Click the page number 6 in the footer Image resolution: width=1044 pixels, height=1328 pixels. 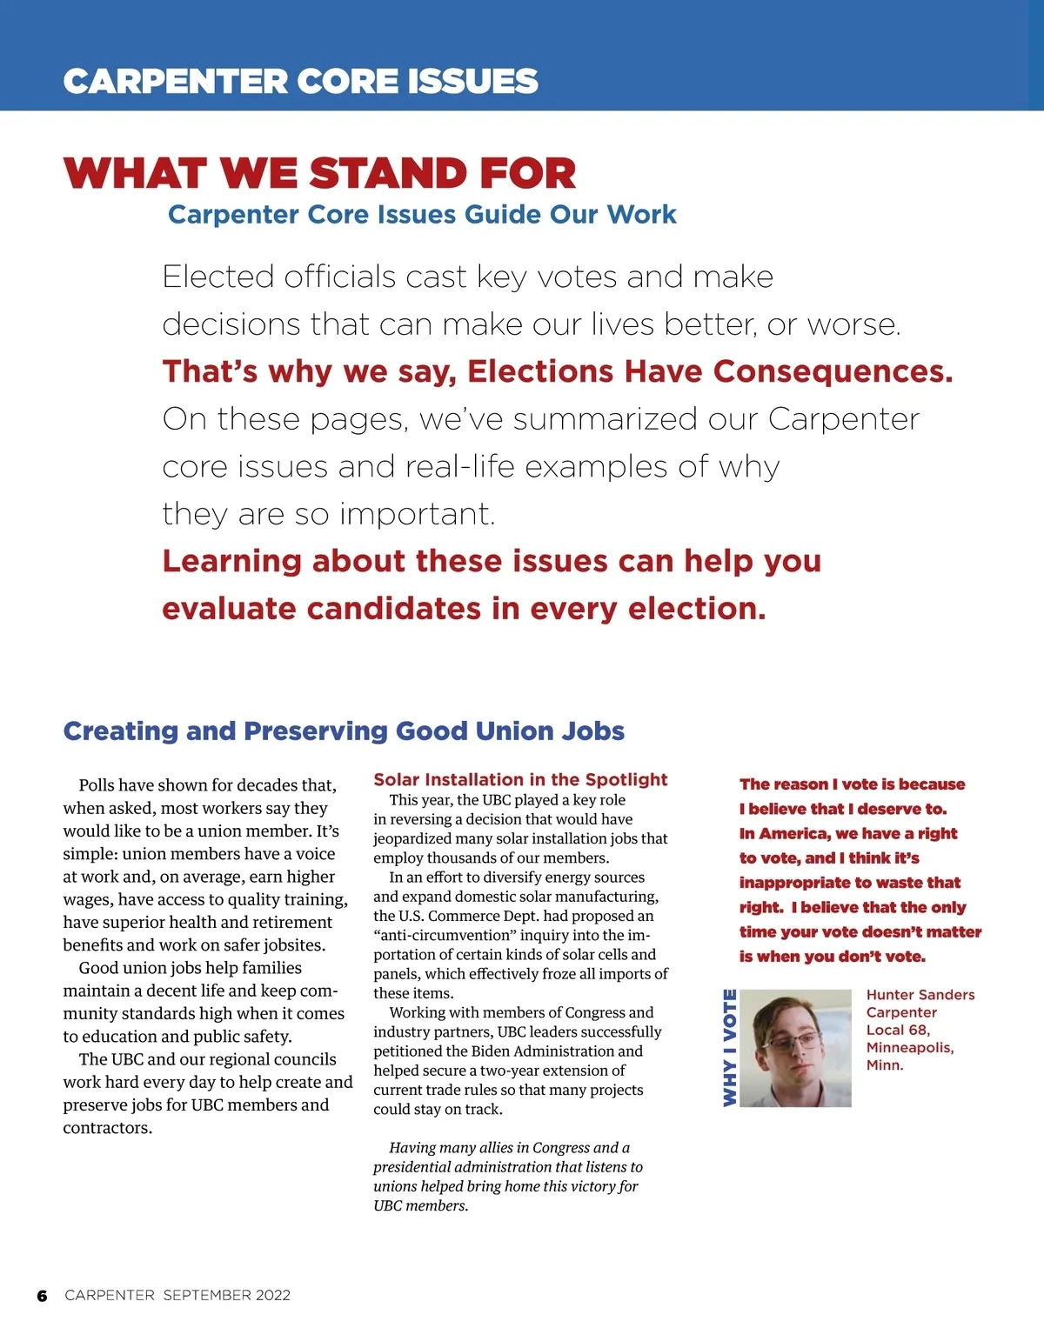point(42,1296)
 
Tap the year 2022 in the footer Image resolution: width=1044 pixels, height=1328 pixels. point(272,1295)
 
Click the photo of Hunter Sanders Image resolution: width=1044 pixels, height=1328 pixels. point(801,1048)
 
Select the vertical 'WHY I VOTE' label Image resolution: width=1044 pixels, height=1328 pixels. point(730,1048)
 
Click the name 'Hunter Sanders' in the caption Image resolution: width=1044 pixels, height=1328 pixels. point(920,995)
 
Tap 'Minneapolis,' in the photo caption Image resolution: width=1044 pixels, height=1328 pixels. point(910,1047)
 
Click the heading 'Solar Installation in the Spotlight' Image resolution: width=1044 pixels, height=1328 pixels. point(520,779)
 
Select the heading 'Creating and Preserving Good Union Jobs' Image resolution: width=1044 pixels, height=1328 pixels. point(344,731)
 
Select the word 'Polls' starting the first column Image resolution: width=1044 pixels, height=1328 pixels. point(97,785)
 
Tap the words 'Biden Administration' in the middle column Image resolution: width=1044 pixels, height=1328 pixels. point(544,1051)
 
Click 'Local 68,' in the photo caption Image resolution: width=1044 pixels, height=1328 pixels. point(898,1030)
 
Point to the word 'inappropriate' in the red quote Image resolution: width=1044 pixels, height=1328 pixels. point(793,883)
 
